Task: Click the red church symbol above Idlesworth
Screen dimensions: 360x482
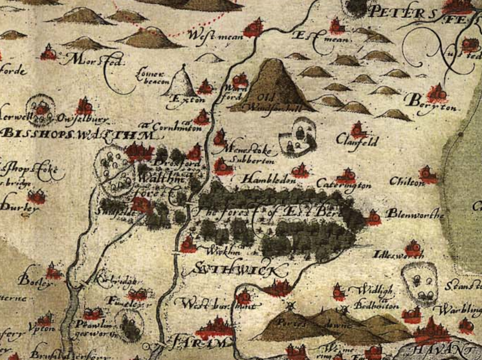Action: click(x=411, y=248)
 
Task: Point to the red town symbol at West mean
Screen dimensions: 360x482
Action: click(x=254, y=27)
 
